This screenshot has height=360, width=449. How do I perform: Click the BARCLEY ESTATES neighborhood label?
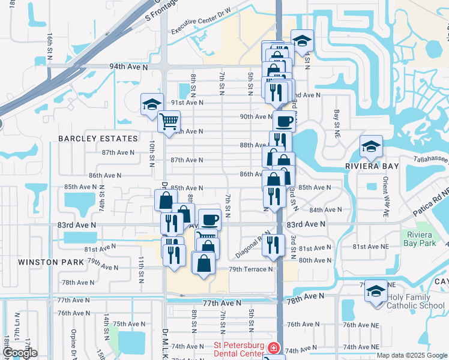pyautogui.click(x=98, y=139)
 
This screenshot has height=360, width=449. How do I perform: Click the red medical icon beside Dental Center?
pyautogui.click(x=273, y=347)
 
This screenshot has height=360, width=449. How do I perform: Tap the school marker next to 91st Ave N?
pyautogui.click(x=152, y=104)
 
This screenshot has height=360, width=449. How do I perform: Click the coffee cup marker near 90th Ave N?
pyautogui.click(x=284, y=122)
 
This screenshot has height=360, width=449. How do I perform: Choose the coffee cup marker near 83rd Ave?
pyautogui.click(x=209, y=219)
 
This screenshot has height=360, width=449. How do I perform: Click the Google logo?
pyautogui.click(x=20, y=353)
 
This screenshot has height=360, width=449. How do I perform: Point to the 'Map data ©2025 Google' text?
pyautogui.click(x=412, y=355)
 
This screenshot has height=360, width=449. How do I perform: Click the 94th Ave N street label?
pyautogui.click(x=128, y=67)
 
